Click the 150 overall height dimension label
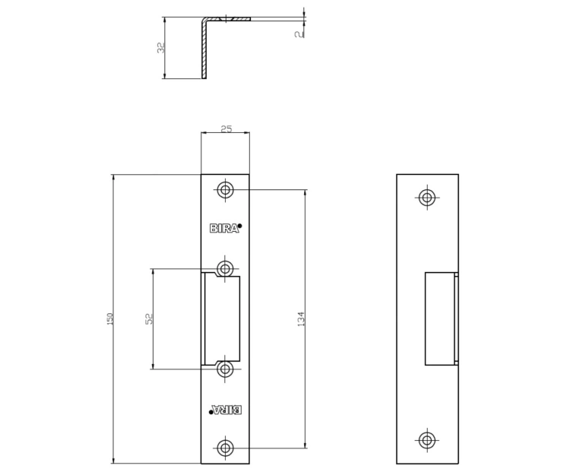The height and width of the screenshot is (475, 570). (x=110, y=318)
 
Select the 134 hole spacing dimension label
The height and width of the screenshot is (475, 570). (x=301, y=318)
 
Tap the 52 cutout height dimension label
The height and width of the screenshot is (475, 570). (x=150, y=318)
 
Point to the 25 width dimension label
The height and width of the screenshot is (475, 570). (x=226, y=129)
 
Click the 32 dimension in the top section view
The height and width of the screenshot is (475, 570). (x=160, y=48)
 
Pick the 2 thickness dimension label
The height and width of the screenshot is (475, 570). (x=299, y=34)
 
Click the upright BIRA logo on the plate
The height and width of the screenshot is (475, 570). (x=224, y=228)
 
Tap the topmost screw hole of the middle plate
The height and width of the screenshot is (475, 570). (x=225, y=190)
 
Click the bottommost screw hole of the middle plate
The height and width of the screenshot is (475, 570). (x=225, y=448)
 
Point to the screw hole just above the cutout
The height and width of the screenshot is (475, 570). (x=225, y=269)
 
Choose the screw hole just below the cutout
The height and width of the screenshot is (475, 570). (x=225, y=369)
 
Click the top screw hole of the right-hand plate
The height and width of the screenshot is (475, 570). (x=427, y=198)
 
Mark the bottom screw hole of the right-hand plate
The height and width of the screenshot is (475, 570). (x=427, y=440)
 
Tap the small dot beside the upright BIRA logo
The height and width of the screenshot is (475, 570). (x=239, y=226)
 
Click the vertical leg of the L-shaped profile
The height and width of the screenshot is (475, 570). (x=204, y=49)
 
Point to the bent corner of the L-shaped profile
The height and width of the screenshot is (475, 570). (x=204, y=20)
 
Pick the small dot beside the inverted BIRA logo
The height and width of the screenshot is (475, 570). (x=211, y=412)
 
